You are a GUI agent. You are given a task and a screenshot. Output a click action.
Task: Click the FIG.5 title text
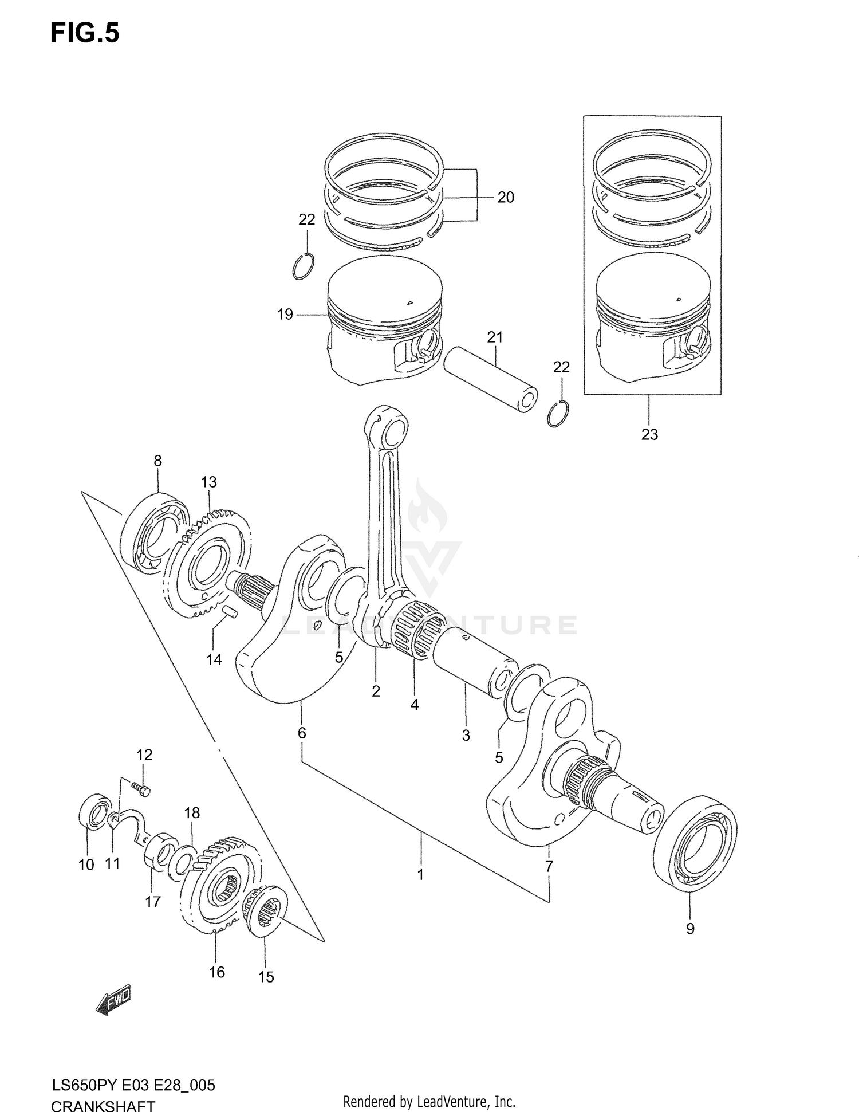[x=85, y=33]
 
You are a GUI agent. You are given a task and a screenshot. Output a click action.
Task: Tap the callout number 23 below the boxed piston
[x=649, y=434]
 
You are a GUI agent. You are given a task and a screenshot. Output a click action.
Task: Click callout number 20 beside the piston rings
[x=505, y=198]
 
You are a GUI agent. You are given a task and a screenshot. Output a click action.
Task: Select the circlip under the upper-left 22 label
[x=303, y=266]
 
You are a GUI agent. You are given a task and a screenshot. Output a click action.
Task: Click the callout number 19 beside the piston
[x=285, y=314]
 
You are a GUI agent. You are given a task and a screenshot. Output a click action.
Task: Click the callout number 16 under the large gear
[x=216, y=972]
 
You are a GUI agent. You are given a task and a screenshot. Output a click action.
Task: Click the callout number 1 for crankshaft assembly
[x=420, y=875]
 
